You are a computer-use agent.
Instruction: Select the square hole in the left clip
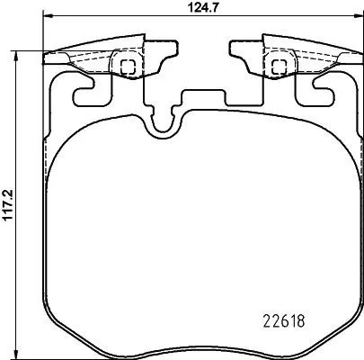(127, 65)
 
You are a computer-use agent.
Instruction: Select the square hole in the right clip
(279, 65)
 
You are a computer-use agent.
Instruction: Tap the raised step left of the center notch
(142, 104)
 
